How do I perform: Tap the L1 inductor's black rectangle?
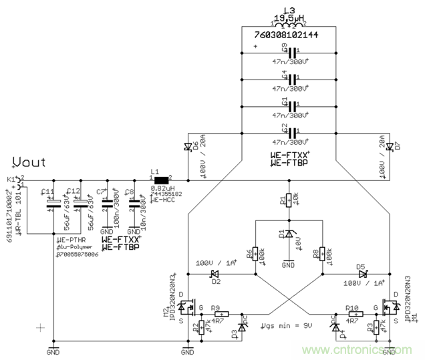click(x=162, y=180)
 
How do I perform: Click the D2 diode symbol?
click(x=215, y=273)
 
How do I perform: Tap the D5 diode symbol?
click(x=362, y=273)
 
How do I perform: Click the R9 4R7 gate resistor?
click(x=221, y=313)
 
